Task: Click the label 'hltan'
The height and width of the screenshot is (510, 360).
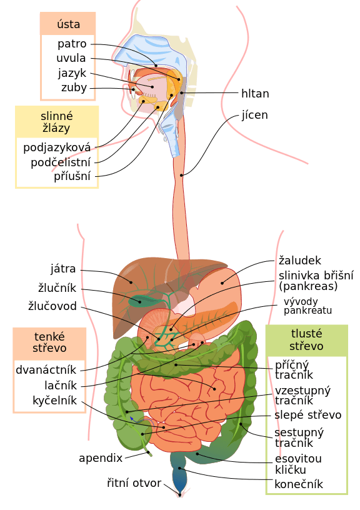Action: [x=255, y=94]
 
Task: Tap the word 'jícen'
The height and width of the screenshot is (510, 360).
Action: [x=254, y=115]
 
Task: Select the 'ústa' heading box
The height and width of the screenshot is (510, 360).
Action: [x=68, y=24]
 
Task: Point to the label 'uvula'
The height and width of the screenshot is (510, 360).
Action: [x=71, y=58]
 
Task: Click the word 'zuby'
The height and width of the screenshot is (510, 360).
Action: [x=74, y=87]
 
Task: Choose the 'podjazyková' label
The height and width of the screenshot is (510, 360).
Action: [x=57, y=147]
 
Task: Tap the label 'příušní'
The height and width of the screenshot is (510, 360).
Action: [x=72, y=176]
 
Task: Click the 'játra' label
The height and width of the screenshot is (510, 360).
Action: [x=63, y=269]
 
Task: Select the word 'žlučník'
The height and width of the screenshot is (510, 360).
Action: [x=57, y=288]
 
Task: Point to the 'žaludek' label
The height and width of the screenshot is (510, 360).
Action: [x=300, y=260]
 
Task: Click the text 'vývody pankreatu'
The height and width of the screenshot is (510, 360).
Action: [x=307, y=306]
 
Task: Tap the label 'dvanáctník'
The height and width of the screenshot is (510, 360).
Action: [x=46, y=370]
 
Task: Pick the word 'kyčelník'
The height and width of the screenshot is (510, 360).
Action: [x=54, y=401]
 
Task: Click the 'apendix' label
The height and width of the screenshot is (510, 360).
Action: [x=101, y=458]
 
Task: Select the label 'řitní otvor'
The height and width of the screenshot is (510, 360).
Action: [x=134, y=483]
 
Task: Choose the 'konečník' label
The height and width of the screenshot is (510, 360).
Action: [x=299, y=484]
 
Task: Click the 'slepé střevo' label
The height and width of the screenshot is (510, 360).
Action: [x=307, y=415]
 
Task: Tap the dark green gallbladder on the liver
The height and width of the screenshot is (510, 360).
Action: [x=140, y=301]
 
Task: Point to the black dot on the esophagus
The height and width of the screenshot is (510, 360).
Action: [x=181, y=176]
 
